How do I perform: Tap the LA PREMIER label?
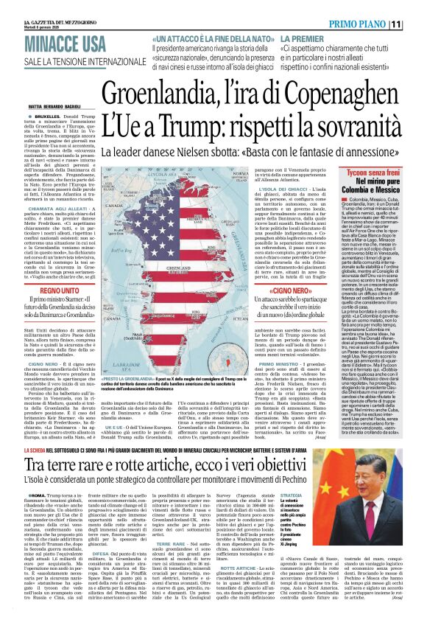(x=301, y=37)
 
